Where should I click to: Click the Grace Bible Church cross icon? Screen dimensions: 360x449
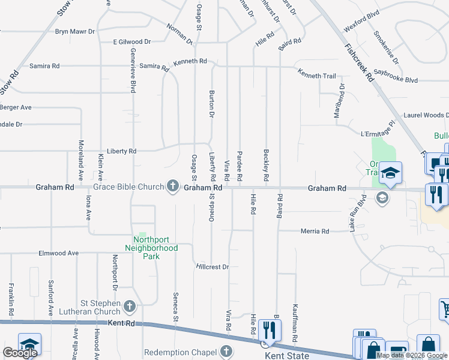pos(173,187)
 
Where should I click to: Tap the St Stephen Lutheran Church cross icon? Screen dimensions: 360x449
pos(129,307)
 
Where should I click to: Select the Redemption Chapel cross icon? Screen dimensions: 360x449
pos(226,351)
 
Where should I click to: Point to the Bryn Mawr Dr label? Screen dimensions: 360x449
pos(75,31)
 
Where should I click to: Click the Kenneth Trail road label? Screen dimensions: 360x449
pos(317,76)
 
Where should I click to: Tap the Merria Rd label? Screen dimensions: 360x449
pos(315,231)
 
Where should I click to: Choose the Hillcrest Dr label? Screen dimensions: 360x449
pos(212,266)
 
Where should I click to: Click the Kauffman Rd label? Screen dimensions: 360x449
pos(295,323)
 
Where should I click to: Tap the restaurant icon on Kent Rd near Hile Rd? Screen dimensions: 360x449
pos(268,331)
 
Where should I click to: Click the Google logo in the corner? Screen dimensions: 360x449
pos(20,353)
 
